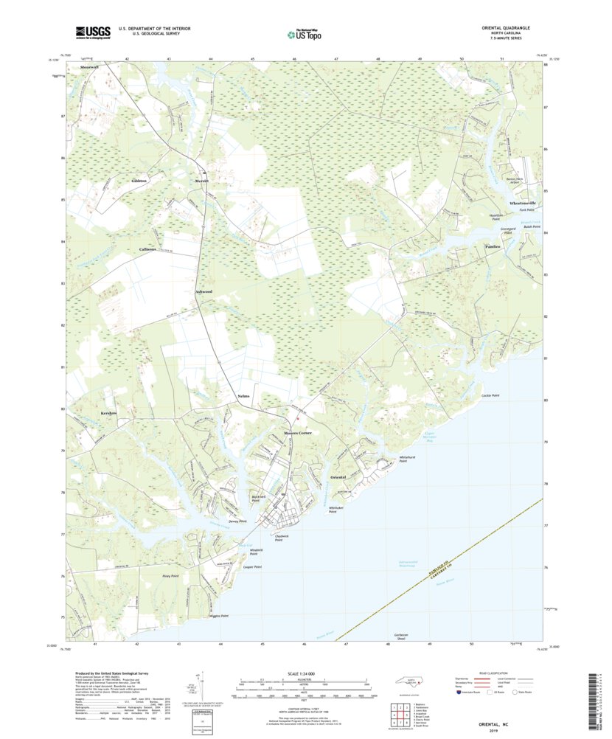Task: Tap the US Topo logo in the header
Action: click(305, 33)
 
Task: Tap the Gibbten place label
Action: click(139, 181)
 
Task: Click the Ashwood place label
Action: click(204, 292)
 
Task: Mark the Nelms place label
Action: click(244, 397)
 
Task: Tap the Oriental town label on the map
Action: click(338, 478)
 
